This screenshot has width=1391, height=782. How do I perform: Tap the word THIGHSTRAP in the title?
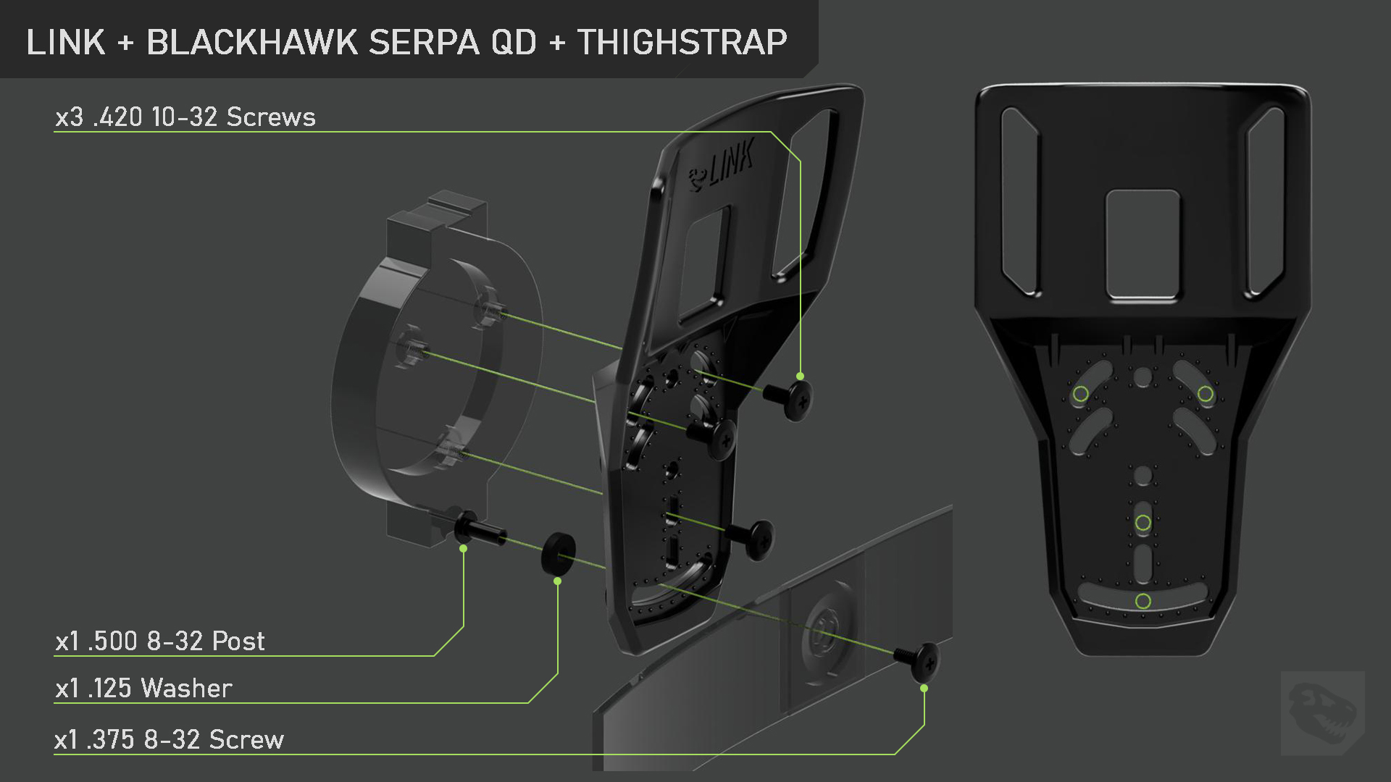tap(682, 42)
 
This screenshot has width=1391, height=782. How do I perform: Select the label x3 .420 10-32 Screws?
tap(185, 117)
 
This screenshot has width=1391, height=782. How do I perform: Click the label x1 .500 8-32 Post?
tap(160, 641)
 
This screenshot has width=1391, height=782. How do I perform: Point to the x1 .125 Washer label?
tap(143, 688)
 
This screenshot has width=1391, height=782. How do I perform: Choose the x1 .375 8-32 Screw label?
tap(170, 739)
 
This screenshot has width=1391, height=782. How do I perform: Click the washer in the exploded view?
tap(559, 554)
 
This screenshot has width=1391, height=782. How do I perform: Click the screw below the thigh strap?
tap(919, 660)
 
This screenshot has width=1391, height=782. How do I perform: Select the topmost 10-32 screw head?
tap(790, 398)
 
